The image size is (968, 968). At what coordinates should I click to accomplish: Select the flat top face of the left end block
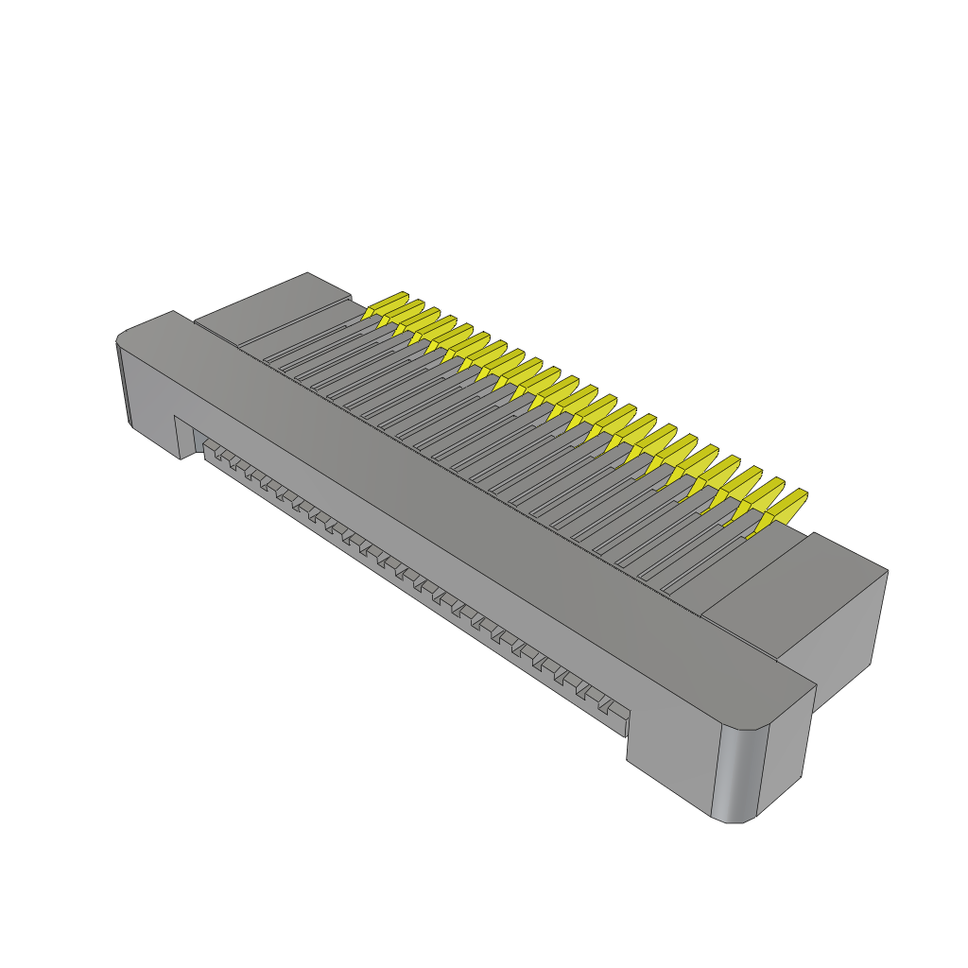pos(274,307)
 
